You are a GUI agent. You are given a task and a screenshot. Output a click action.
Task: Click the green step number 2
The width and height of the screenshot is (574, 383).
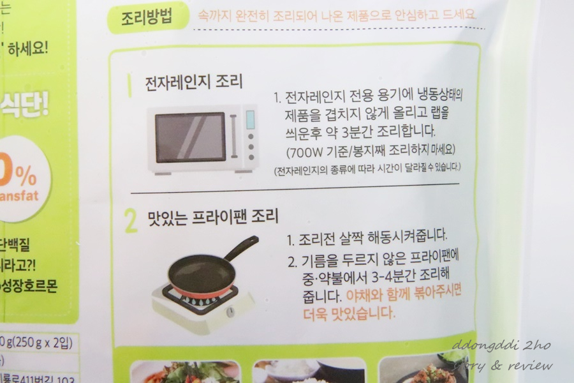pos(131,221)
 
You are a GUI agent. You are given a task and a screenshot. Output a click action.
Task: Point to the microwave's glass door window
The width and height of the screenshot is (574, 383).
pos(191,137)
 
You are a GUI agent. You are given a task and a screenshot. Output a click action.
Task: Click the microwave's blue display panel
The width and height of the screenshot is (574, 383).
pos(250,119)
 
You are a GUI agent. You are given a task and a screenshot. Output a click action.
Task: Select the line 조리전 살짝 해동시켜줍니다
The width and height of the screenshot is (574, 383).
pos(367,238)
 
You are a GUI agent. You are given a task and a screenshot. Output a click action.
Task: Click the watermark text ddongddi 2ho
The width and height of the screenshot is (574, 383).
pos(501,345)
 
